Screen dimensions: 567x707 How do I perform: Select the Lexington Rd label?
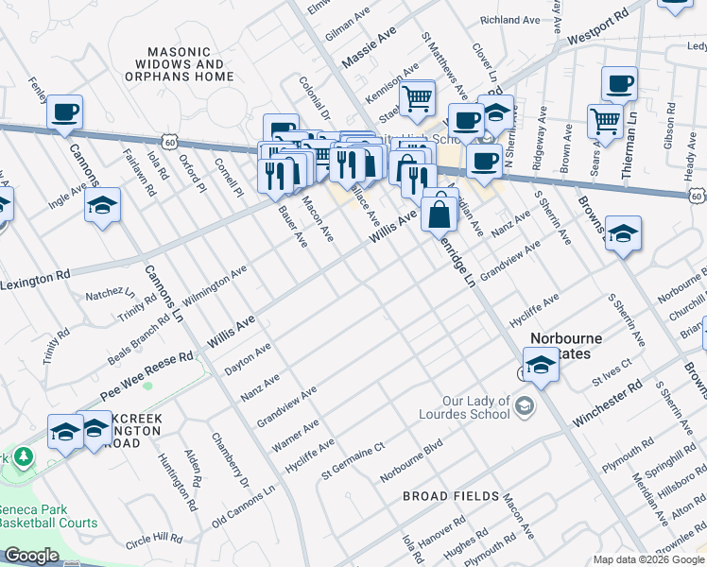click(x=35, y=281)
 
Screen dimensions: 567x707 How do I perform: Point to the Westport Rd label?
click(x=598, y=30)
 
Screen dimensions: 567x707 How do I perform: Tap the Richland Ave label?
click(x=509, y=19)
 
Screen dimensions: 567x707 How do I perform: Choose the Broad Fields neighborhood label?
click(x=450, y=496)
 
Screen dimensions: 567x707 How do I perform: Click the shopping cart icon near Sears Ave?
click(x=605, y=120)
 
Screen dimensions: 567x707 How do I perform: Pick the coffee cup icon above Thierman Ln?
click(x=619, y=84)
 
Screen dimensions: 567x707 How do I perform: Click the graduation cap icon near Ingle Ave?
click(x=102, y=204)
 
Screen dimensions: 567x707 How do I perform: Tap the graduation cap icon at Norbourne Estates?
click(x=540, y=364)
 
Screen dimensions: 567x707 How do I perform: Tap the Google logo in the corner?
click(x=31, y=556)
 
